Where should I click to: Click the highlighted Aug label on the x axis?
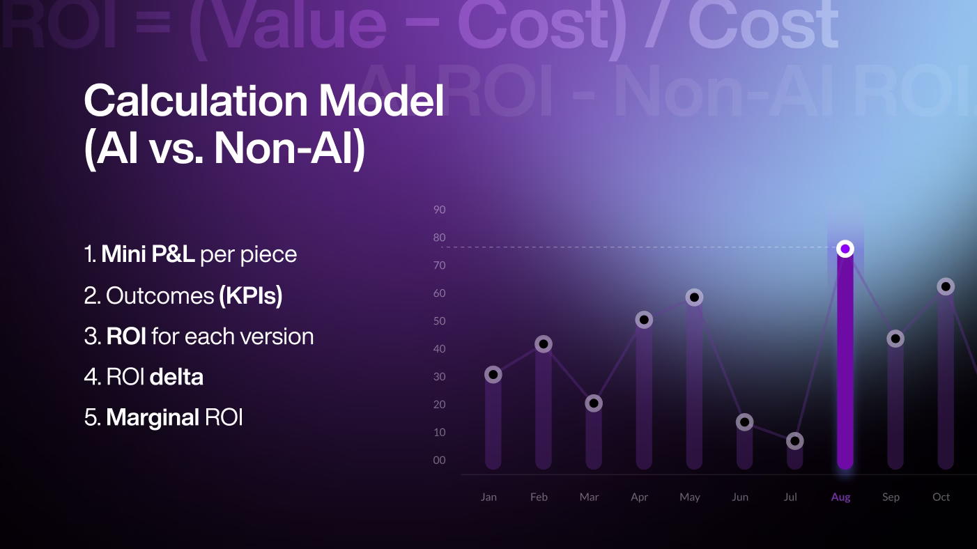(840, 497)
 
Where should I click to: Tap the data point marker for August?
(845, 249)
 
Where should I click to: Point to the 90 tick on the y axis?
(439, 210)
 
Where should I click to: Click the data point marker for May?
(694, 297)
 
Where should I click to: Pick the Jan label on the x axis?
(488, 497)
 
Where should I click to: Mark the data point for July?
(794, 441)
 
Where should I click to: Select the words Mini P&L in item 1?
(148, 254)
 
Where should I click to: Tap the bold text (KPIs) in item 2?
(251, 295)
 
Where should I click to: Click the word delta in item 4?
(176, 377)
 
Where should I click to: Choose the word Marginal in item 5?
(153, 417)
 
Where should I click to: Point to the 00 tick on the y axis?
(439, 461)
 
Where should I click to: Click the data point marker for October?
(946, 286)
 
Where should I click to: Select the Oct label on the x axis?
(941, 497)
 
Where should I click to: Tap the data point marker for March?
(593, 403)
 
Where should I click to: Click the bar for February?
(544, 411)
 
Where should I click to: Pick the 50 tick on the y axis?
(439, 321)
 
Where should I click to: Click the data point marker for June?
(744, 422)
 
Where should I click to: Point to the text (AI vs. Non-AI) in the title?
(224, 148)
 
